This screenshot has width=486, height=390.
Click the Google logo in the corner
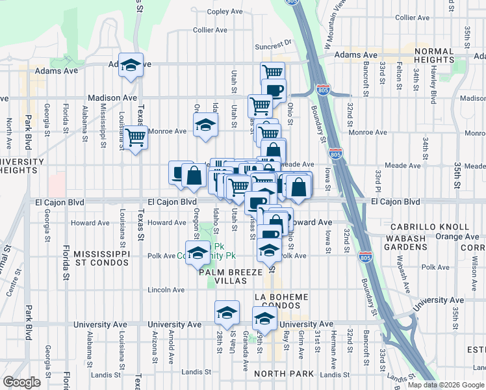[x=22, y=382]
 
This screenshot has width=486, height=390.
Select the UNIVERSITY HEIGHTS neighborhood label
[x=21, y=166]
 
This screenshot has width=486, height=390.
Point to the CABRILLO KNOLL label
[x=429, y=227]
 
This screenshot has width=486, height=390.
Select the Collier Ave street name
[x=210, y=30]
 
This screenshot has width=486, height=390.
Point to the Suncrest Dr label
[x=274, y=46]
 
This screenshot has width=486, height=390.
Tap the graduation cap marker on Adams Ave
[x=131, y=65]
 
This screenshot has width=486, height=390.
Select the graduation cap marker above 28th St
[x=227, y=312]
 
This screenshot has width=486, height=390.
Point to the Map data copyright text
[x=446, y=384]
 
